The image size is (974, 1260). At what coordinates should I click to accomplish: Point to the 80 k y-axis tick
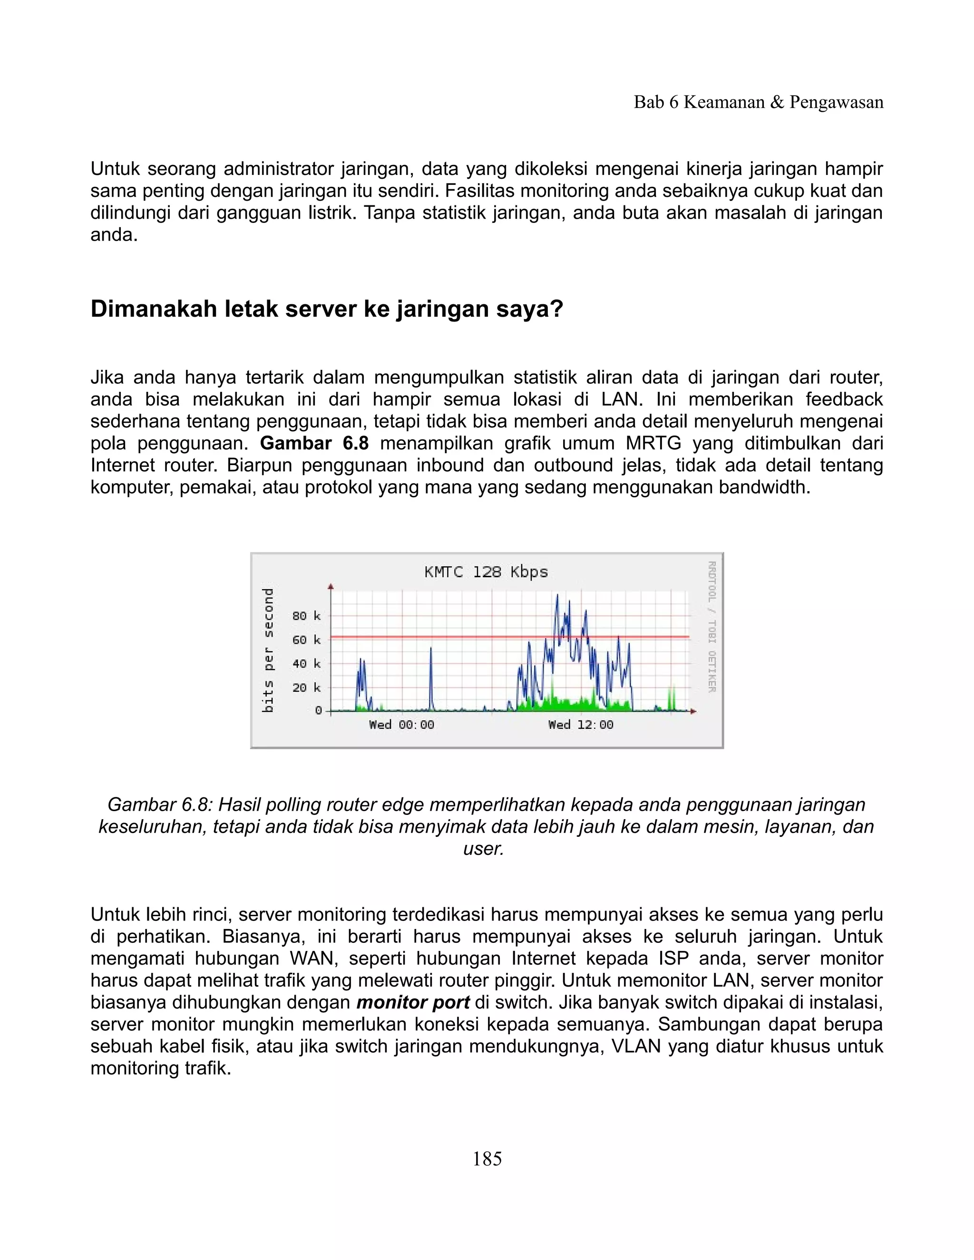click(x=306, y=616)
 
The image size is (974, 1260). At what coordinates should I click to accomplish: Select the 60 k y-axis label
click(x=306, y=640)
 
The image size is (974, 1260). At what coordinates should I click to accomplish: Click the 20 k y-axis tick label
click(x=306, y=688)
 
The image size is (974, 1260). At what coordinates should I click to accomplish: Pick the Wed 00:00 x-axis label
click(x=401, y=725)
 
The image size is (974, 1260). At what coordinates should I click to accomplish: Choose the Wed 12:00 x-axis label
click(x=581, y=725)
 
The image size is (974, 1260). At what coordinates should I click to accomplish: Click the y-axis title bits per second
click(x=268, y=650)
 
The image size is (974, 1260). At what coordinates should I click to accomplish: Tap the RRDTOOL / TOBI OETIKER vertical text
click(x=712, y=627)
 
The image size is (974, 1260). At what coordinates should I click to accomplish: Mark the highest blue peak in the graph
click(x=557, y=595)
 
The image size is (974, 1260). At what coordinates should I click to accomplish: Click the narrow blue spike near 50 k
click(x=431, y=649)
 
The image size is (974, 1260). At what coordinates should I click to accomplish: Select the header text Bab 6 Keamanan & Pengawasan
click(x=758, y=102)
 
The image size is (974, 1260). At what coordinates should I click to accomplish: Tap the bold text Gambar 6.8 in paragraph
click(x=314, y=444)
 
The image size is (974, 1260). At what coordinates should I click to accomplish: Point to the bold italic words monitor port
click(x=412, y=1002)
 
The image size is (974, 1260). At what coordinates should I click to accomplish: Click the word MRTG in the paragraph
click(x=653, y=444)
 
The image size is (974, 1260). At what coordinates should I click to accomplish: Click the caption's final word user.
click(x=484, y=849)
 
